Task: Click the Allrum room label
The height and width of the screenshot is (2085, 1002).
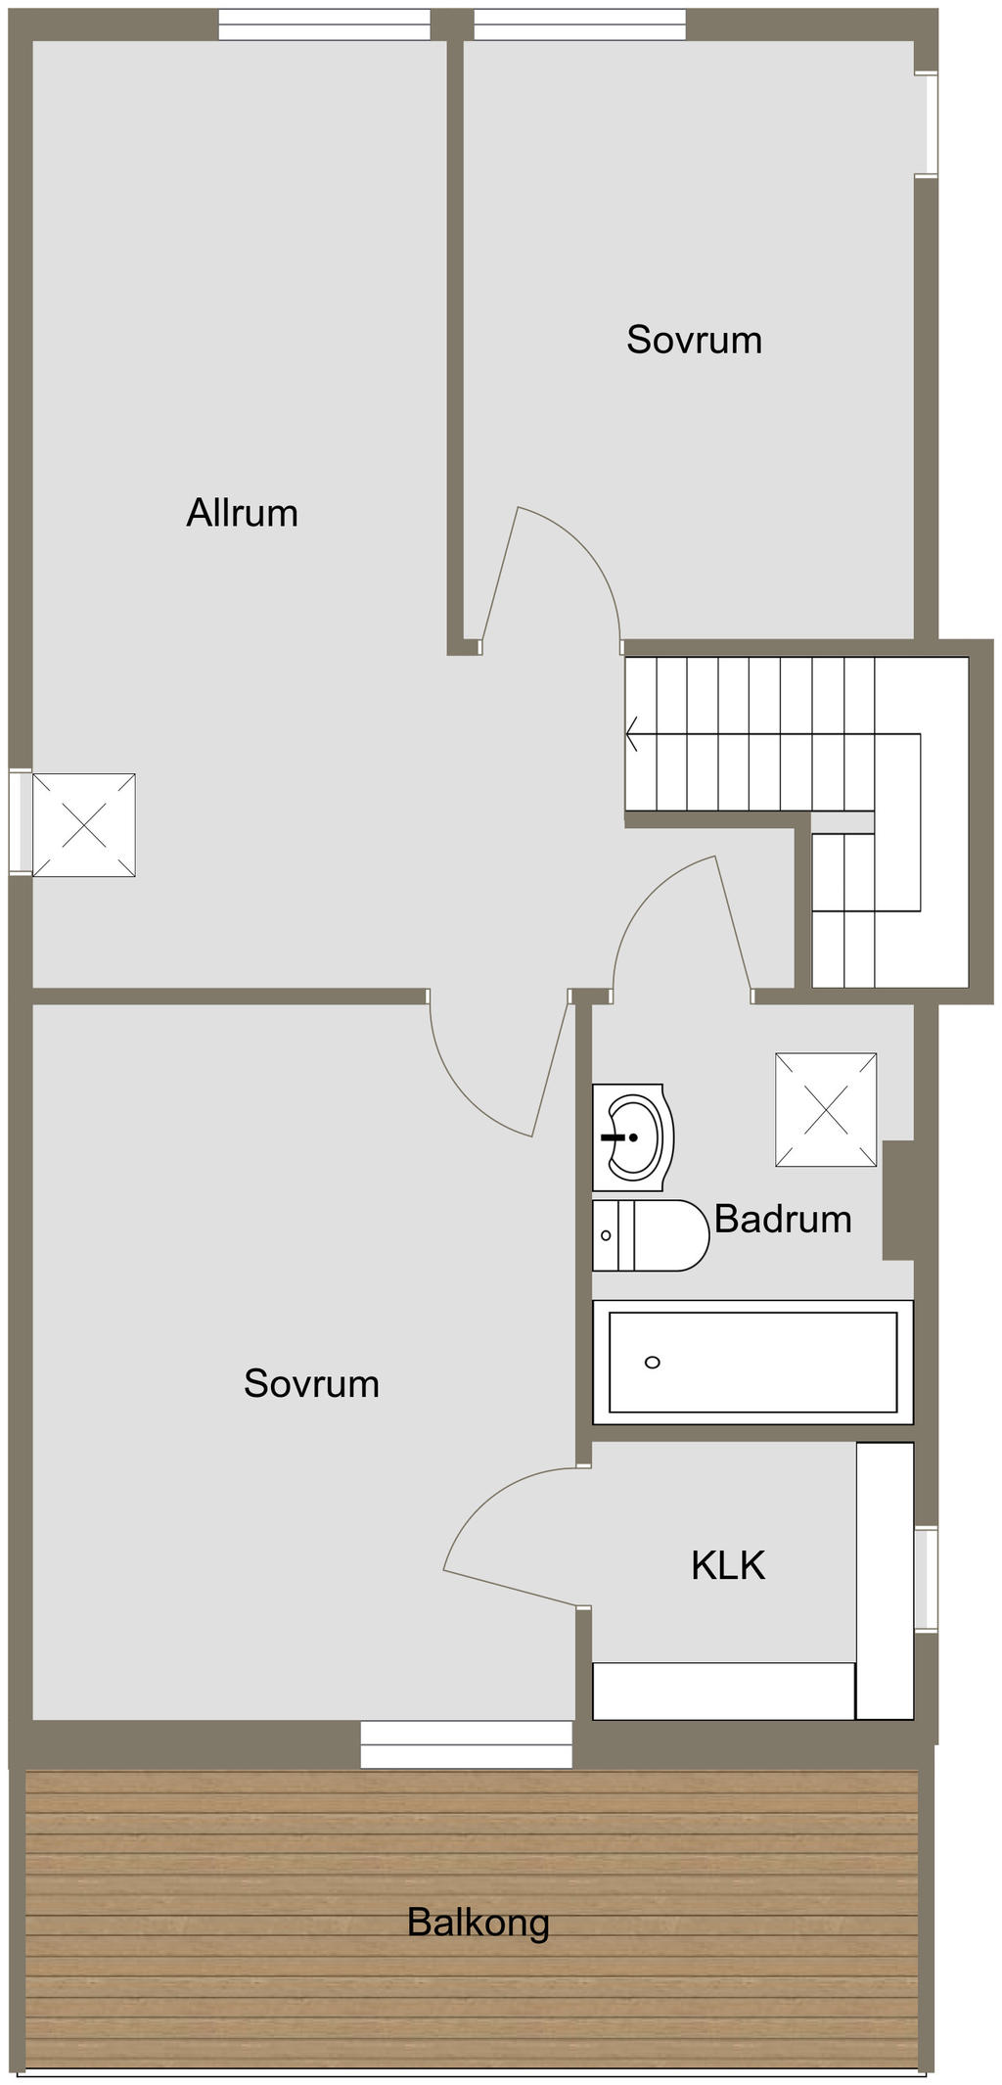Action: point(242,513)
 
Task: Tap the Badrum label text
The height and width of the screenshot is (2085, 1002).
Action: point(783,1219)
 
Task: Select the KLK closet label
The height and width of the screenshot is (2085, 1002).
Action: point(728,1565)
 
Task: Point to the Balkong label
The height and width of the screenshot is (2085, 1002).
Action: point(478,1923)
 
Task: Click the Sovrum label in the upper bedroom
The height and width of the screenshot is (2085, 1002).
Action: point(694,340)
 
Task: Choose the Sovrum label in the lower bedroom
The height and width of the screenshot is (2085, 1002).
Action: point(311,1383)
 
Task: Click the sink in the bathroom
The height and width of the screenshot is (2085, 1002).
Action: point(633,1137)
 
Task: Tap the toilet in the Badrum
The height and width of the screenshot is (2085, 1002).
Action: point(651,1235)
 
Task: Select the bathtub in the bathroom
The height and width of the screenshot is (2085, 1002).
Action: point(752,1362)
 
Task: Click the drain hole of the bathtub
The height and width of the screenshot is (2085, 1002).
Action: point(653,1362)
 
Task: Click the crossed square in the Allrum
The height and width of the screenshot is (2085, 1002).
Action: point(84,825)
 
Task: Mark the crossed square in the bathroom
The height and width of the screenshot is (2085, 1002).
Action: point(826,1110)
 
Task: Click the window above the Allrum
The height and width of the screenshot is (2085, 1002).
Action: point(324,24)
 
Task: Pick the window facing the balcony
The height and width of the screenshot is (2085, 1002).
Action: point(466,1744)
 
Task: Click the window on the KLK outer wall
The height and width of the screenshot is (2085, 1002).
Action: point(926,1579)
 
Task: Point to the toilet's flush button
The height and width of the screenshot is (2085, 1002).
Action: point(606,1235)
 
